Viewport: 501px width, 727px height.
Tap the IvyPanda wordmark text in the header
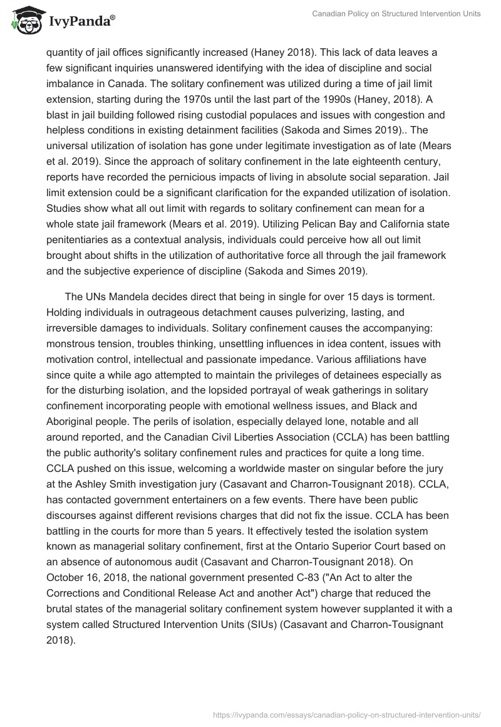(80, 22)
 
